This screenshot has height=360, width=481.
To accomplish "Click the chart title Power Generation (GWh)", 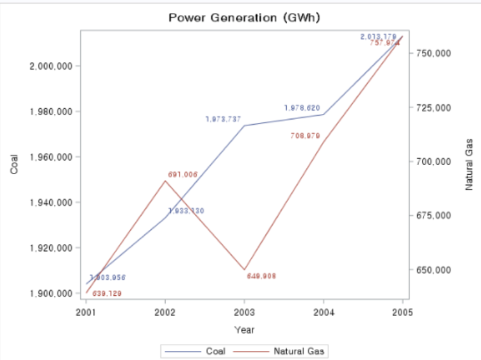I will pyautogui.click(x=245, y=17).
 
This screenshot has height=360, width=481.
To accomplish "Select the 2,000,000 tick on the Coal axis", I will pyautogui.click(x=51, y=66).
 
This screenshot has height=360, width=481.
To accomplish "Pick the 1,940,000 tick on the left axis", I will pyautogui.click(x=51, y=203).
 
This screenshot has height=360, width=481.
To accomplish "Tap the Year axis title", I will pyautogui.click(x=244, y=330).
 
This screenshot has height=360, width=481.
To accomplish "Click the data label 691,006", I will pyautogui.click(x=183, y=174).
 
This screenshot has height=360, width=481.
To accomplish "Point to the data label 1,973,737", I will pyautogui.click(x=223, y=119).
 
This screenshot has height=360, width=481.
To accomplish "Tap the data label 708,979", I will pyautogui.click(x=306, y=136).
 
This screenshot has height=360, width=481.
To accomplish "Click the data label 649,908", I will pyautogui.click(x=262, y=276).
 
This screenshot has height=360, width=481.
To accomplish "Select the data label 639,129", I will pyautogui.click(x=107, y=293).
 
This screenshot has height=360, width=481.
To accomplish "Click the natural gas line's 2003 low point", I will pyautogui.click(x=244, y=269).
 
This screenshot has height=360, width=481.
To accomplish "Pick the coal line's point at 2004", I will pyautogui.click(x=324, y=114).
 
